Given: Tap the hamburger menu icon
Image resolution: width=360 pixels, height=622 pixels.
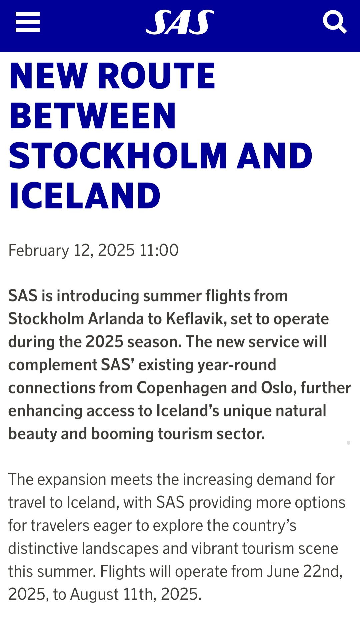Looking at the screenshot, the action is pyautogui.click(x=28, y=22).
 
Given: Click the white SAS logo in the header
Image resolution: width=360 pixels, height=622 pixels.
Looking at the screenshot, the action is pyautogui.click(x=180, y=22).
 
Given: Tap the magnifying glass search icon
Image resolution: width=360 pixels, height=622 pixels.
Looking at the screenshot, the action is pyautogui.click(x=335, y=22).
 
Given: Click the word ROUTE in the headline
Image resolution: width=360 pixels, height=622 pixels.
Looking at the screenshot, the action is pyautogui.click(x=157, y=76).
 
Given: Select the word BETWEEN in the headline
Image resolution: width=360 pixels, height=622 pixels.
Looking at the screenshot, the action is pyautogui.click(x=92, y=116).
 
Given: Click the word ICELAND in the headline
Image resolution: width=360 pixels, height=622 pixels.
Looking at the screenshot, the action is pyautogui.click(x=85, y=196).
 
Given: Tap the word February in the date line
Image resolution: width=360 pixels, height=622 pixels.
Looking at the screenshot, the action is pyautogui.click(x=39, y=251).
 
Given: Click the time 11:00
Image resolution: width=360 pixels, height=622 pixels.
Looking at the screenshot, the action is pyautogui.click(x=159, y=250).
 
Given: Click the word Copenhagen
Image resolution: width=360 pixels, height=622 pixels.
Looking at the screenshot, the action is pyautogui.click(x=181, y=388).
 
